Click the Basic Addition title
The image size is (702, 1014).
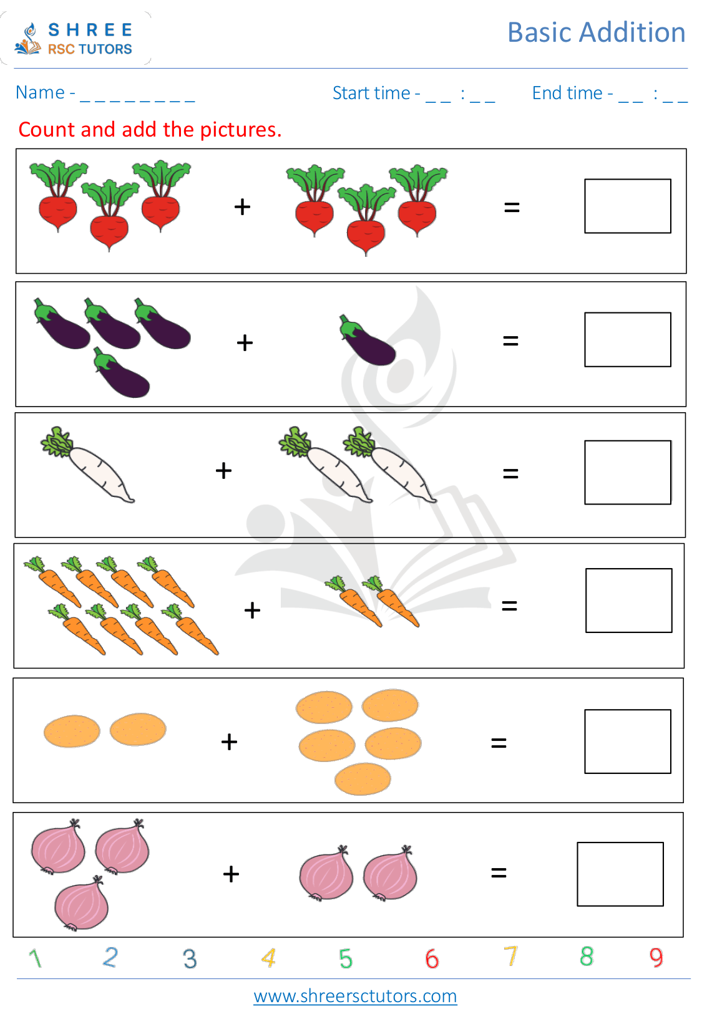click(596, 32)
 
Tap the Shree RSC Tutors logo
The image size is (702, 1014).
click(75, 39)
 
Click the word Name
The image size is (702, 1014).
click(40, 93)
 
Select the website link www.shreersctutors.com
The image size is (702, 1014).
click(355, 996)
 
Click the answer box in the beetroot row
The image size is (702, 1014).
click(627, 206)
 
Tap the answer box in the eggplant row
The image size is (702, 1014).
click(627, 340)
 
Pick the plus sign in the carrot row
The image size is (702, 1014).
click(252, 610)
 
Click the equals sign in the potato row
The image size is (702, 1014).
click(499, 743)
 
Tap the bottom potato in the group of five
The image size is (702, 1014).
click(363, 779)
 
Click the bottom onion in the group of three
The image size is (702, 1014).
click(81, 904)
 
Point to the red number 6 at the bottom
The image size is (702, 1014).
click(432, 958)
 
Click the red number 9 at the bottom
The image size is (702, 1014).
click(656, 957)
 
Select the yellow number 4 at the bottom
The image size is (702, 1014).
click(268, 958)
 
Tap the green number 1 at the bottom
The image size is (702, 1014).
click(35, 958)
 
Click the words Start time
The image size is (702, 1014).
click(371, 94)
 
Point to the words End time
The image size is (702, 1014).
click(567, 94)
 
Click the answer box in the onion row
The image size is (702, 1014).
click(620, 874)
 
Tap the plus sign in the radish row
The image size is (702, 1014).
click(223, 470)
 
